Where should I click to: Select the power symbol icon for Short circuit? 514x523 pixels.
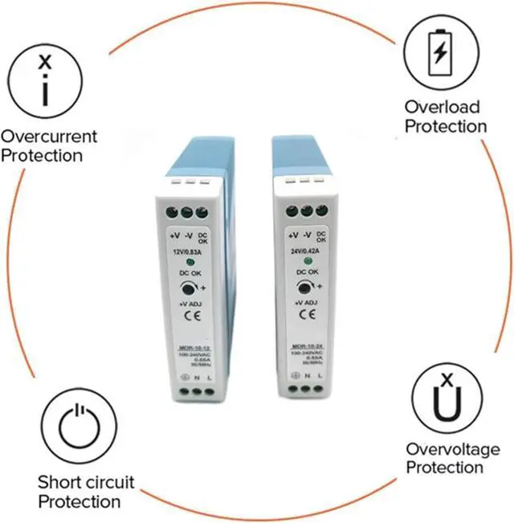[78, 428]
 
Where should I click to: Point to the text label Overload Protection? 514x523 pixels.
[445, 116]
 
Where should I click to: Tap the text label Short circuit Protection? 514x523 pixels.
[86, 492]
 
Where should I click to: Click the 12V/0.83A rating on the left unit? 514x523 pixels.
[190, 254]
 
